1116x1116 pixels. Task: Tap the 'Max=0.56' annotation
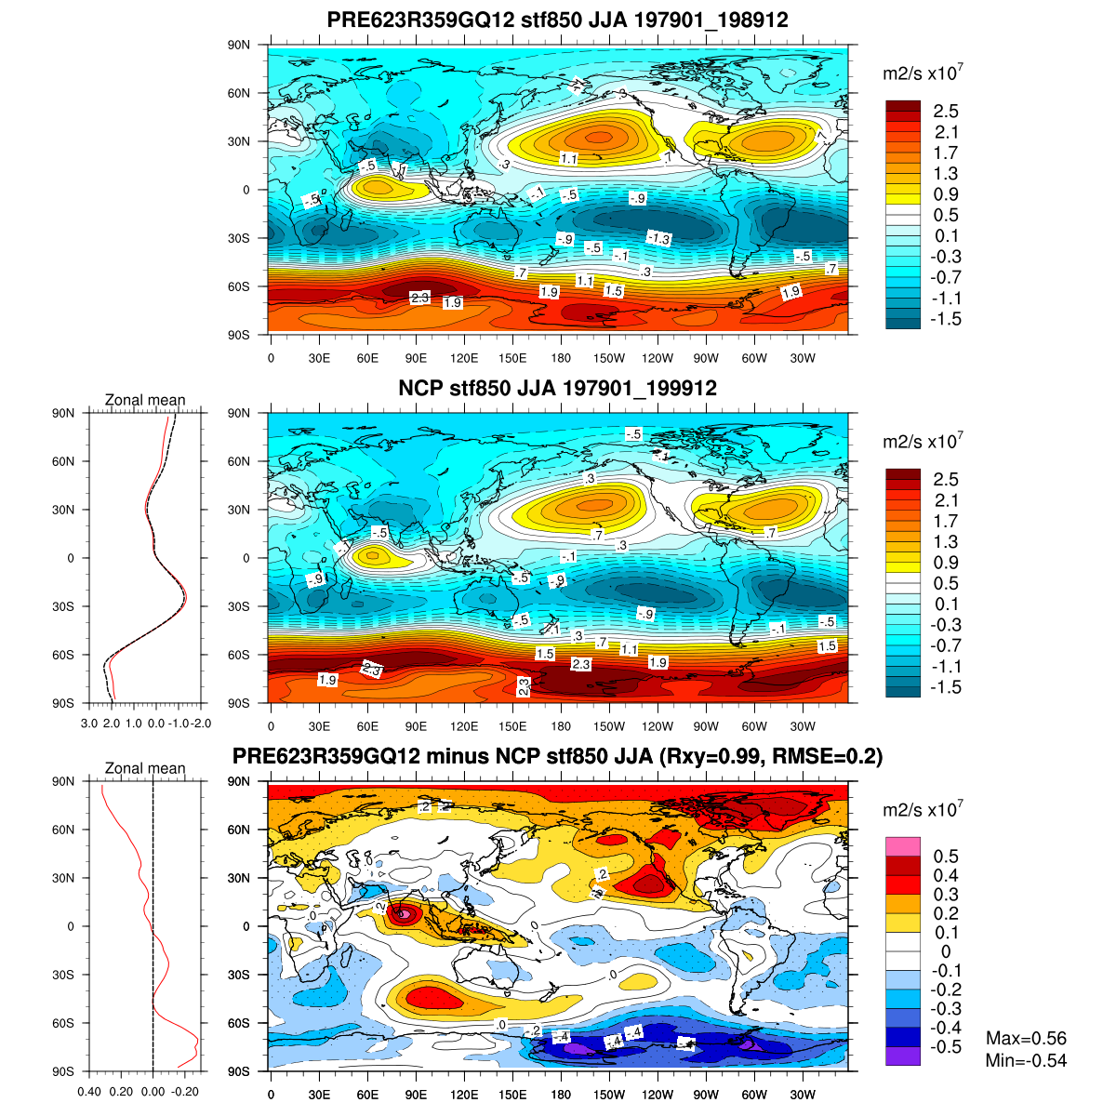tap(1026, 1039)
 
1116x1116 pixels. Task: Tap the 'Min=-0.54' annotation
tap(1026, 1060)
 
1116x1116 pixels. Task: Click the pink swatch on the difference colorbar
tap(903, 846)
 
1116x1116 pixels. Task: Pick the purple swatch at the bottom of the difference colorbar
tap(903, 1056)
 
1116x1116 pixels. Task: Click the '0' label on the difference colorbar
tap(946, 951)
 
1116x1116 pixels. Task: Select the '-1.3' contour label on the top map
tap(658, 238)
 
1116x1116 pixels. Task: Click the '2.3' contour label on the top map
tap(419, 298)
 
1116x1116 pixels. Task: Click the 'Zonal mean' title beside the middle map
tap(145, 400)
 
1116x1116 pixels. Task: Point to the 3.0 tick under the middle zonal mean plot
tap(89, 723)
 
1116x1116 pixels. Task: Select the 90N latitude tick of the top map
tap(240, 45)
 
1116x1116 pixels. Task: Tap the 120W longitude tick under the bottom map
tap(658, 1095)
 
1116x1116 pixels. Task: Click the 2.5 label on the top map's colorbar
tap(946, 112)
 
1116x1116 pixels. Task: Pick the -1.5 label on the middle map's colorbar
tap(946, 687)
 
